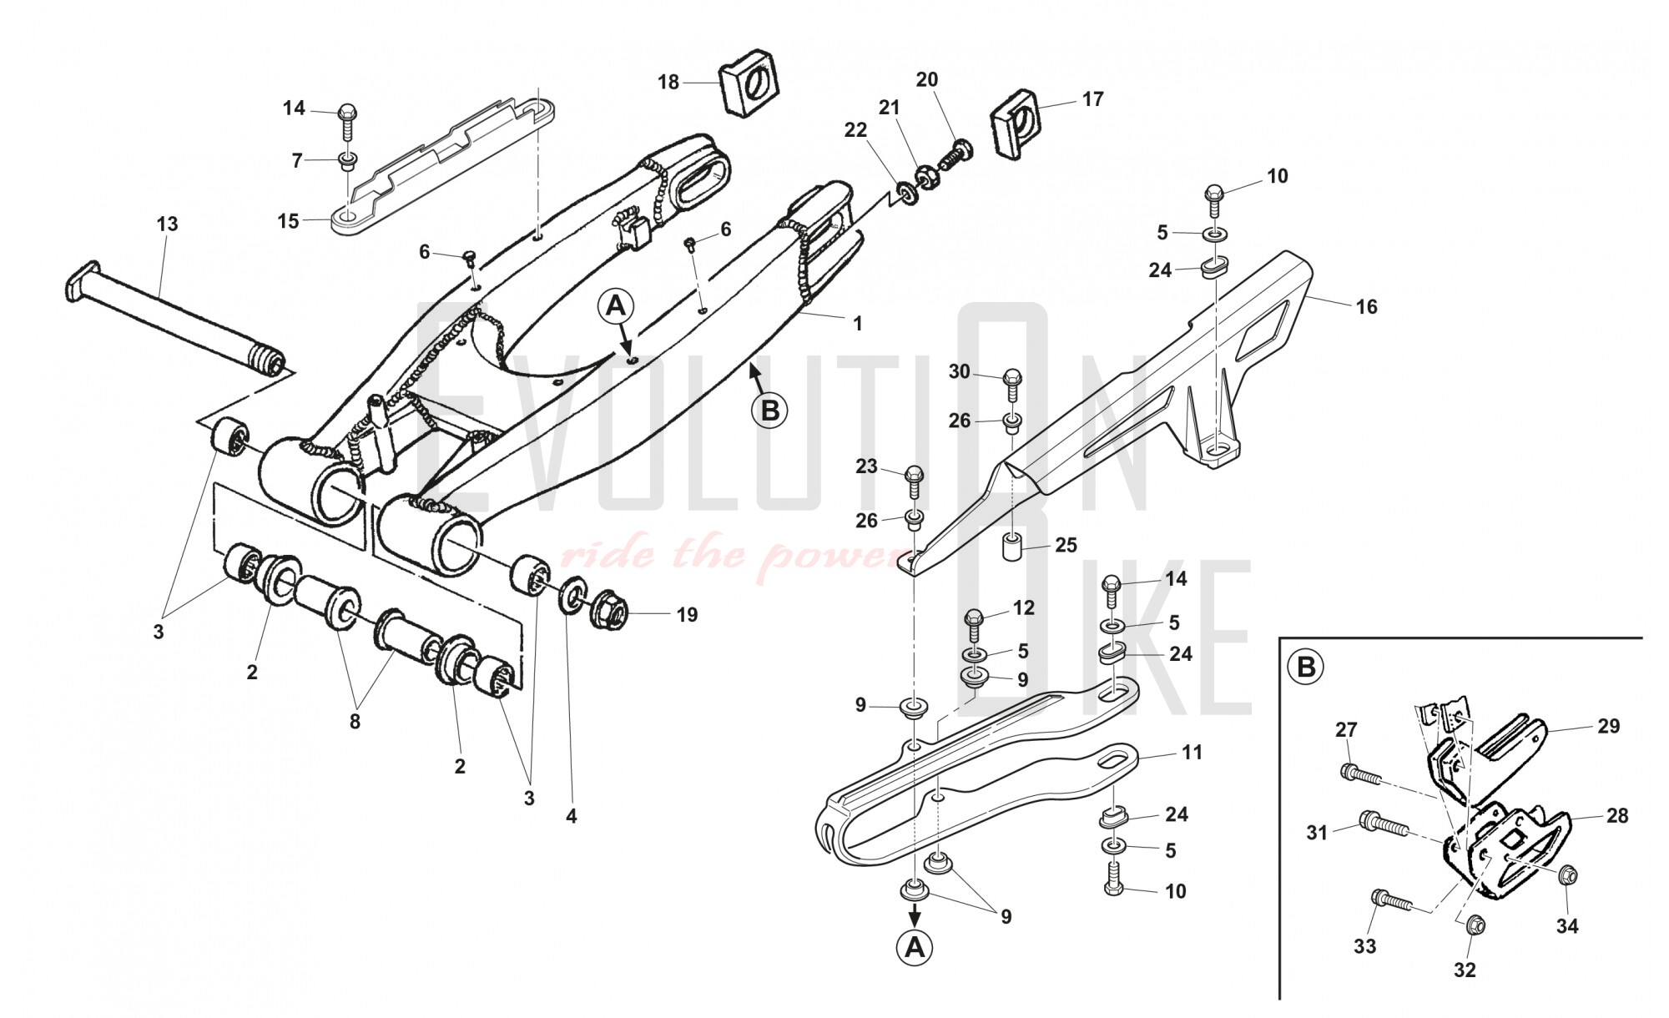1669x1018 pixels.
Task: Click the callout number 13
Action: click(x=167, y=224)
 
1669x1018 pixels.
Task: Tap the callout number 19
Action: click(x=686, y=615)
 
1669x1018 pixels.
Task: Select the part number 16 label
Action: click(x=1366, y=307)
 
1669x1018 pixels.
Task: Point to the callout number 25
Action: click(x=1066, y=545)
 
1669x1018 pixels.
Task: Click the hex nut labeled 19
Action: click(x=609, y=613)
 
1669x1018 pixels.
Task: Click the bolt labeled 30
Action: click(x=1011, y=386)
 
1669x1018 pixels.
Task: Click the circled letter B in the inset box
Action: click(x=1307, y=668)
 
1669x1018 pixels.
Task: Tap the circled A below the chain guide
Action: click(x=915, y=948)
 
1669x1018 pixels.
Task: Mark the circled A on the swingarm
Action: click(x=615, y=307)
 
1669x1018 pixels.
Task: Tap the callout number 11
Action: click(x=1192, y=753)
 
